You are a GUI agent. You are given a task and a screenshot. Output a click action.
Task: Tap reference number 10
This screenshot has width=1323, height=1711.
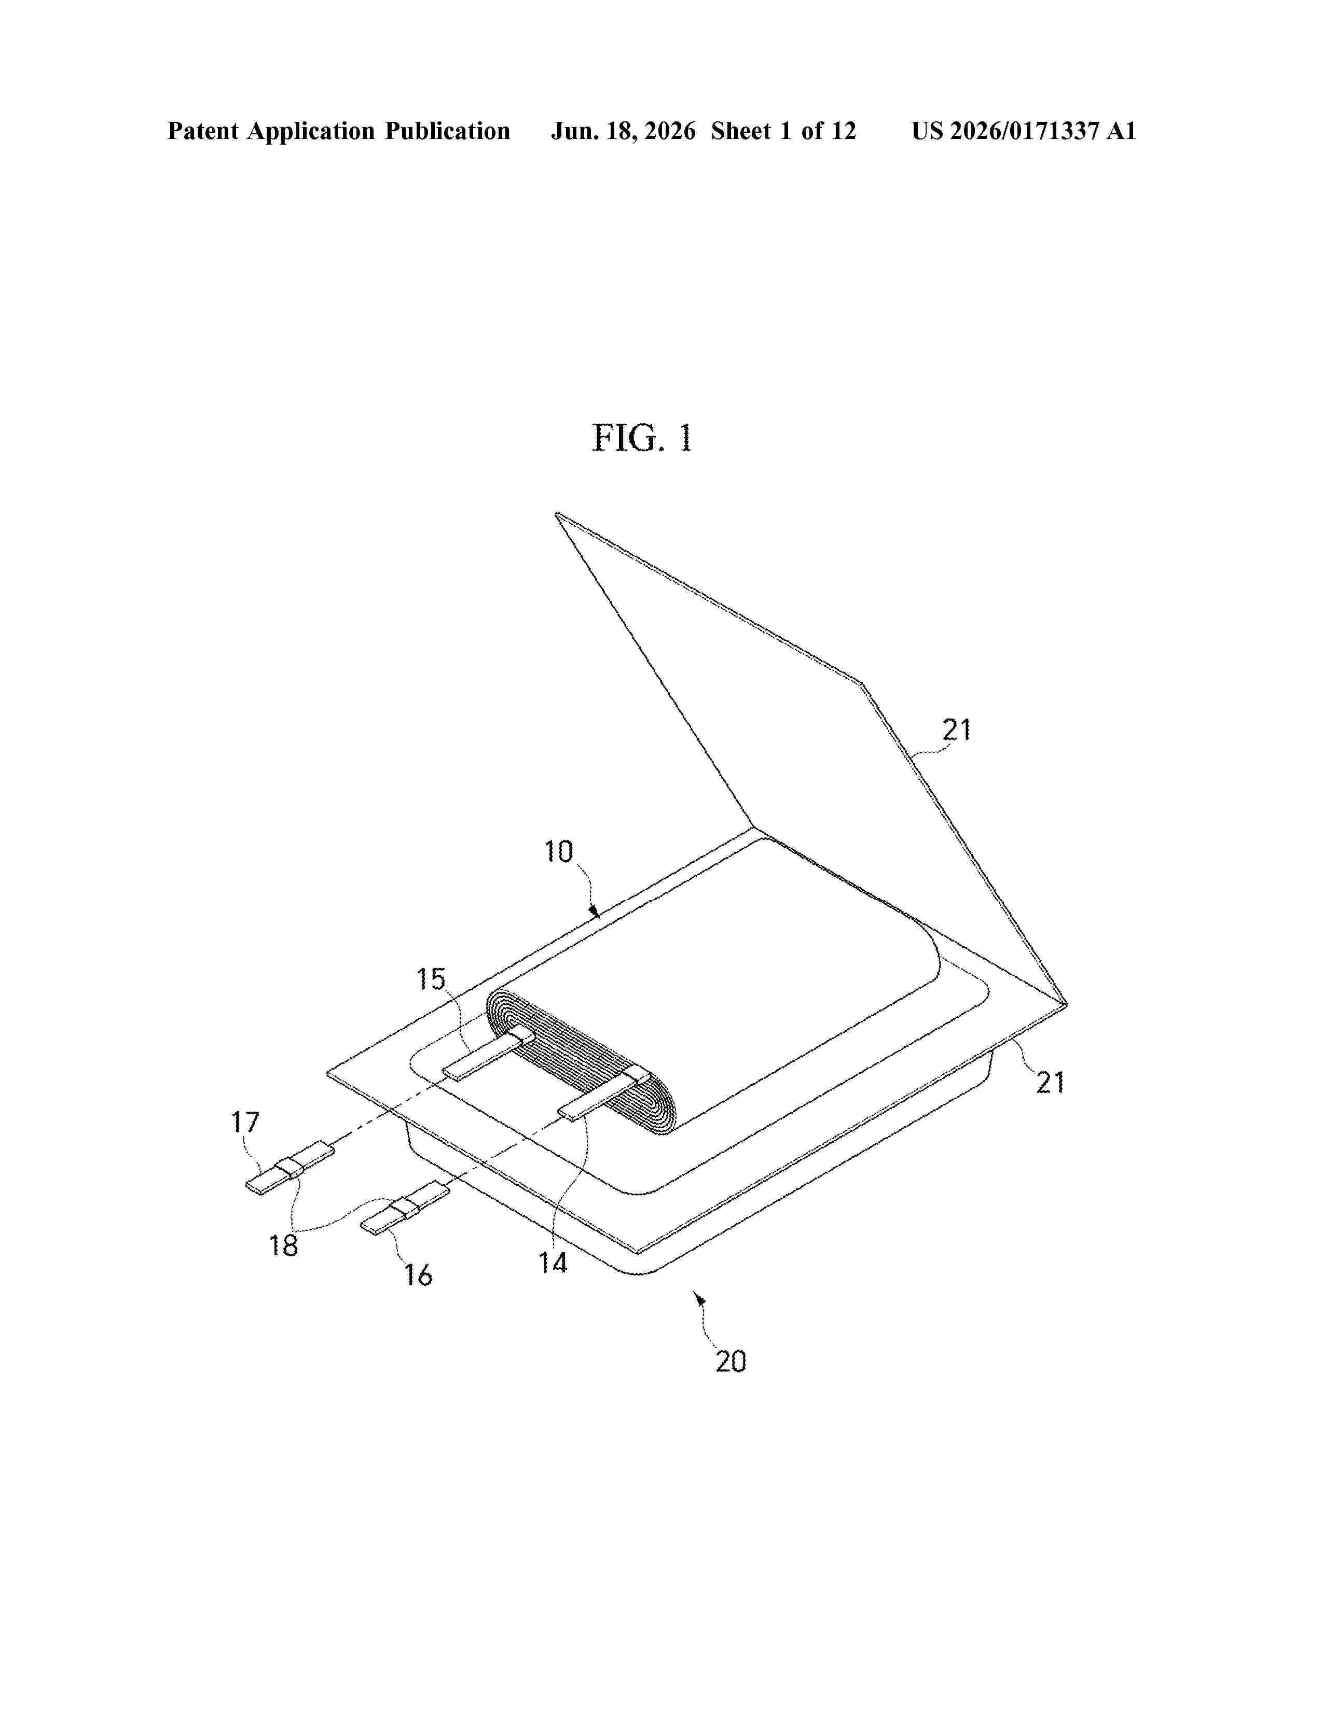click(559, 851)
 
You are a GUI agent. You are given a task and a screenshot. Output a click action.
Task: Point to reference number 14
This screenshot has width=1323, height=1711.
click(553, 1262)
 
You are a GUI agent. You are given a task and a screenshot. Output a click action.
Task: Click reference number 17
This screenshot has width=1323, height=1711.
click(244, 1123)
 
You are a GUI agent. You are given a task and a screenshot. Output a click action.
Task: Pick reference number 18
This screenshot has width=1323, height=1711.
click(284, 1245)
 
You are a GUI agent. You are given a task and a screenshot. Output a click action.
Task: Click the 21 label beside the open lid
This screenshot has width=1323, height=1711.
click(956, 730)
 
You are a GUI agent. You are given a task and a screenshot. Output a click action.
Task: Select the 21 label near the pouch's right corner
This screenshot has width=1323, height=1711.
click(1050, 1083)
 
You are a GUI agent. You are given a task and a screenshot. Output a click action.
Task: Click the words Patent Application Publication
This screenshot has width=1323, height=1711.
click(339, 131)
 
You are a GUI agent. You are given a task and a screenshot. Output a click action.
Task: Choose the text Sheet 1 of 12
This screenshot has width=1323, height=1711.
click(784, 131)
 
